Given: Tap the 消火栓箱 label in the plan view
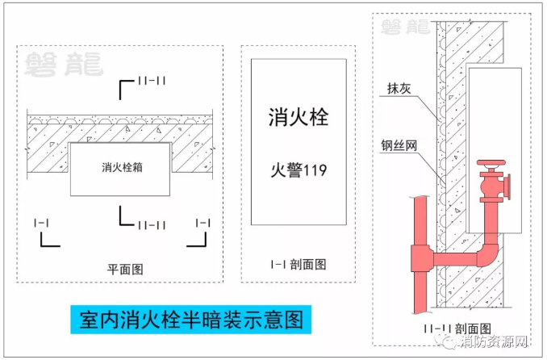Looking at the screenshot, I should (x=120, y=168).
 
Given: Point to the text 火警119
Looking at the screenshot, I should (x=299, y=170).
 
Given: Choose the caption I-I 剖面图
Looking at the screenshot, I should (x=299, y=263).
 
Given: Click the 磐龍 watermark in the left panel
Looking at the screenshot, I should (x=64, y=64).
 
